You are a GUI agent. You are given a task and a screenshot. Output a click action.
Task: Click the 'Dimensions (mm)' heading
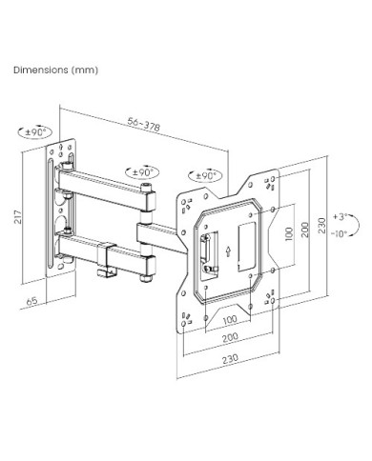(55, 70)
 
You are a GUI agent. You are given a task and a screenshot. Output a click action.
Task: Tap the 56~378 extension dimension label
(144, 124)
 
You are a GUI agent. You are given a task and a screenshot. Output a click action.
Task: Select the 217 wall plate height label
(18, 217)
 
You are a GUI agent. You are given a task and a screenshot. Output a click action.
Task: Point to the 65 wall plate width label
(31, 300)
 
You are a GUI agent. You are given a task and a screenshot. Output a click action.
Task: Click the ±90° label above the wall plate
(36, 131)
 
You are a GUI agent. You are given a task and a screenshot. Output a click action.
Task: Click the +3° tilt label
(340, 217)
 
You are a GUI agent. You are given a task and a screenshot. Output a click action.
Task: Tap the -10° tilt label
(339, 234)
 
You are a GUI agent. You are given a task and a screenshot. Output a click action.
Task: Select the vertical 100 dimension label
(289, 234)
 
